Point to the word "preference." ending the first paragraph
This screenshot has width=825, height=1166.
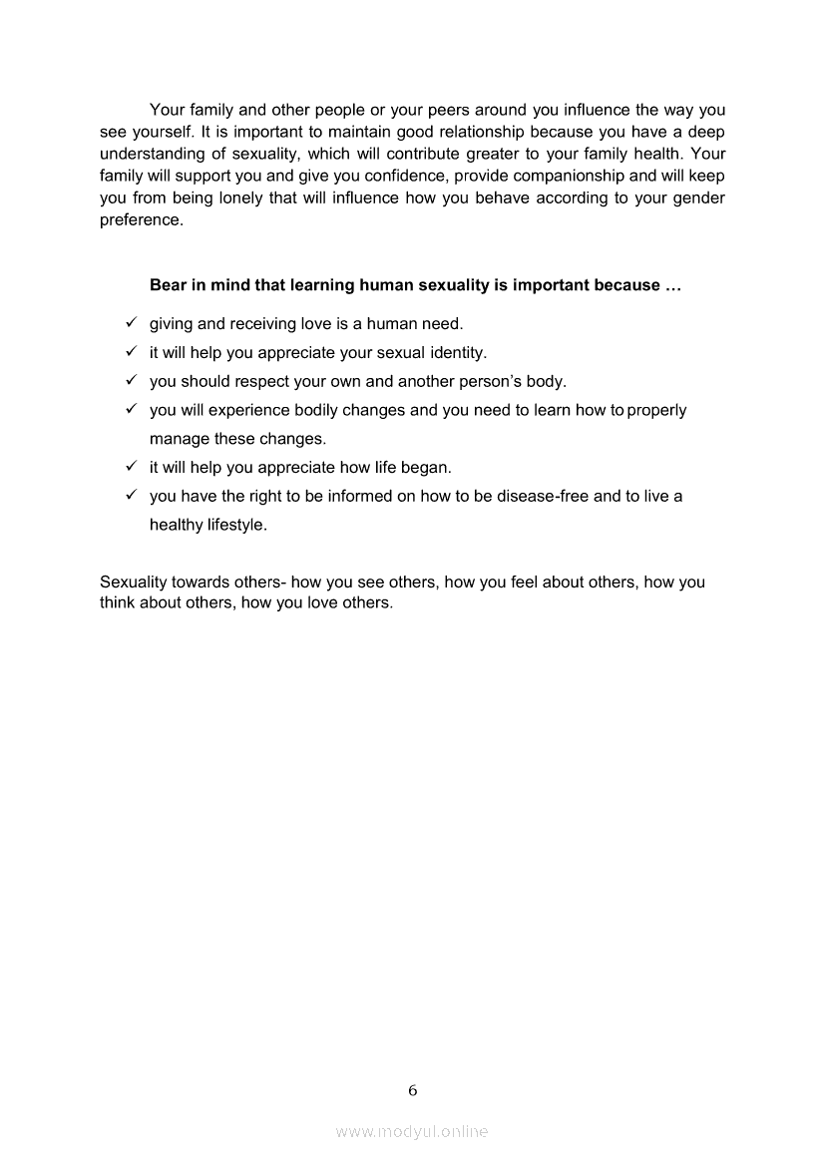[x=142, y=219]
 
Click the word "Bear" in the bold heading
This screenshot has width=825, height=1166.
[x=168, y=285]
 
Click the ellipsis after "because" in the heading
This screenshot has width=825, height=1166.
[x=672, y=285]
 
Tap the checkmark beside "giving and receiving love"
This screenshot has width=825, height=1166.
[x=131, y=323]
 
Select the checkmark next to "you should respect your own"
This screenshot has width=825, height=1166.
[x=131, y=381]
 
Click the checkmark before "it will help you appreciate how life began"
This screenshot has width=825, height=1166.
[x=131, y=466]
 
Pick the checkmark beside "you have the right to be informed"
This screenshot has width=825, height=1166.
[x=131, y=495]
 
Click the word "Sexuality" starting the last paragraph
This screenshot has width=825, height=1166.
[x=135, y=582]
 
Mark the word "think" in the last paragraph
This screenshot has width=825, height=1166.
[x=119, y=602]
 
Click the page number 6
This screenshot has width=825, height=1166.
[x=412, y=1090]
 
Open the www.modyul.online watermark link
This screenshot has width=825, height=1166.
[x=412, y=1131]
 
